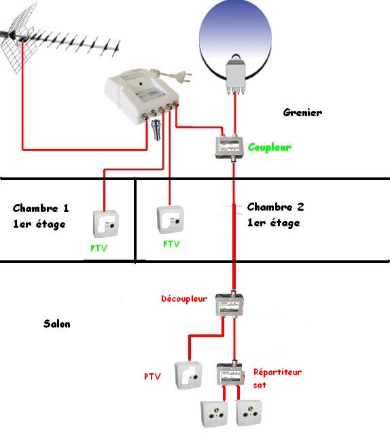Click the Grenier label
(302, 112)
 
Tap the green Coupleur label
(269, 148)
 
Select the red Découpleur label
(184, 298)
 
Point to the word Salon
(56, 324)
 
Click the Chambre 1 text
(41, 208)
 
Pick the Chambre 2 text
(275, 207)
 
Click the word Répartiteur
(277, 373)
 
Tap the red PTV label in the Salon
(152, 377)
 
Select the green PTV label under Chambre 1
(99, 247)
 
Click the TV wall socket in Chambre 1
(106, 224)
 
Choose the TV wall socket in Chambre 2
(171, 220)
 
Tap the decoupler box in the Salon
(230, 304)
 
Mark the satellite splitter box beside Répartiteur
(230, 374)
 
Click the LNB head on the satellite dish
(236, 75)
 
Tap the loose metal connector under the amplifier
(156, 131)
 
